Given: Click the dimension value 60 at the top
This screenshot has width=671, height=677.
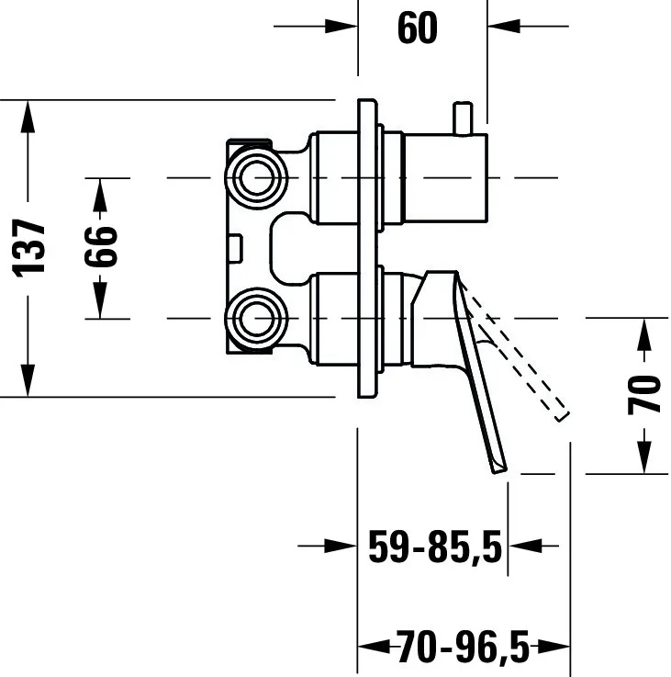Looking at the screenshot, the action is coord(418,28).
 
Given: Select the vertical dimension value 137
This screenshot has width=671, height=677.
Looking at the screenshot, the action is coord(28,248).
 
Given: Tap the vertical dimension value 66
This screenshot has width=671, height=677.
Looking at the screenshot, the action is coord(101,246).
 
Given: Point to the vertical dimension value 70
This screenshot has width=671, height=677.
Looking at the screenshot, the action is coord(643,395).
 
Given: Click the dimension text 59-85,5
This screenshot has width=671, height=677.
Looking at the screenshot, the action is coord(435,547).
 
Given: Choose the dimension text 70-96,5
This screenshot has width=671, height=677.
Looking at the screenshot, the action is coord(463,647).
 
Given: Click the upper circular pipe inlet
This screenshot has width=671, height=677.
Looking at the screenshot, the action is coord(256,178).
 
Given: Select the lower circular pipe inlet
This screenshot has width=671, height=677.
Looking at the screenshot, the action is coord(256,319).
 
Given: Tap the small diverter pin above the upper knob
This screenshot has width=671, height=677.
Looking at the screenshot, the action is coord(463,118).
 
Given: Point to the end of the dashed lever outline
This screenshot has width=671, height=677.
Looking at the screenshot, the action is coord(564,416).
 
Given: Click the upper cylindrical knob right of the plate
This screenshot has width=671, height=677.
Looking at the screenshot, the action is coord(446,178).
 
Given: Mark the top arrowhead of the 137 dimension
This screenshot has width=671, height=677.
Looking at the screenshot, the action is coord(28,116).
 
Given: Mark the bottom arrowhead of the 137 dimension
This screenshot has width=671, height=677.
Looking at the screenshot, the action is coord(28,380).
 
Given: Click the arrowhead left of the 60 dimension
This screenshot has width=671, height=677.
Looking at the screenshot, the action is coord(341,27).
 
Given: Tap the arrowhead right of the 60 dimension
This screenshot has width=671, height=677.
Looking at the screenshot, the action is coord(504,27).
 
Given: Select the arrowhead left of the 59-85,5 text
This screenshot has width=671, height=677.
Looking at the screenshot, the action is coord(341,547).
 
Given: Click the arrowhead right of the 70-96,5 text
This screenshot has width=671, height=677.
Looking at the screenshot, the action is coord(554,647).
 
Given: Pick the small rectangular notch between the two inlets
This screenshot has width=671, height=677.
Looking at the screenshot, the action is coord(236,248).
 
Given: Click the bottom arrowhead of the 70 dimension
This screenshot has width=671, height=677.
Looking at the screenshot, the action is coord(644,458).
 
